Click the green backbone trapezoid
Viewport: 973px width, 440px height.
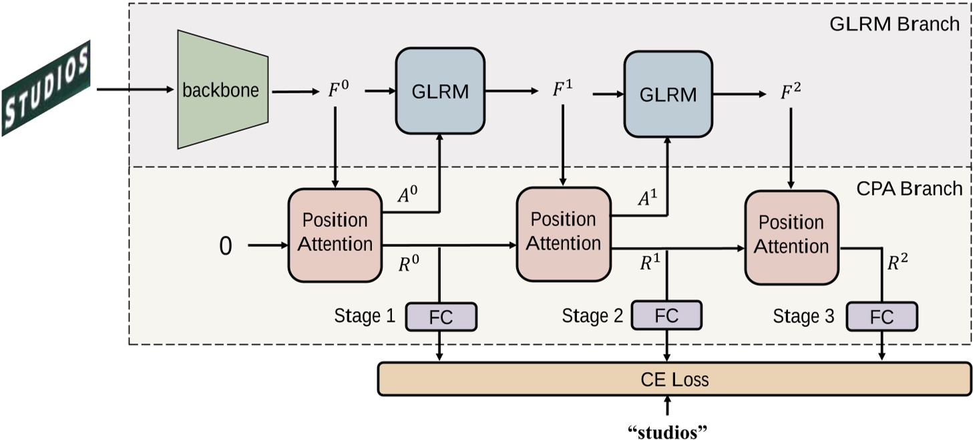pos(222,89)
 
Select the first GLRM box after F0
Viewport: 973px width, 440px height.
pos(439,91)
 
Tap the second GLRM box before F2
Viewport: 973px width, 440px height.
pos(668,93)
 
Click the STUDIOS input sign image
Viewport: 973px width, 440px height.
pos(45,88)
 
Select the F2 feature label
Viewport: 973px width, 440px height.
pos(791,93)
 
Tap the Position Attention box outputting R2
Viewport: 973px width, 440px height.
pos(791,235)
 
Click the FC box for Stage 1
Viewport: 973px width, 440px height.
pos(441,316)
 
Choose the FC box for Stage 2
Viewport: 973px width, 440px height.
pos(666,315)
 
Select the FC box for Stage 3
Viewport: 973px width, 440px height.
pos(882,316)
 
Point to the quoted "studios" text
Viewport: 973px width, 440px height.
pos(667,431)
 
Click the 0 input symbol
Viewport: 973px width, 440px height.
pos(226,246)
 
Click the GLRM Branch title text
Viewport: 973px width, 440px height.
pos(894,24)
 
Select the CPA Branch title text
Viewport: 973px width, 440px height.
pos(909,188)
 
